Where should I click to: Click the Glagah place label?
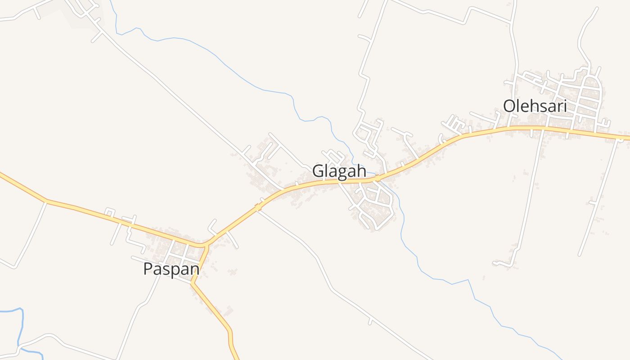(339, 171)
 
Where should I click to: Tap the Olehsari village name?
(535, 107)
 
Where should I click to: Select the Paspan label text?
(171, 269)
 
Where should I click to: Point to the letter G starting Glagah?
(317, 171)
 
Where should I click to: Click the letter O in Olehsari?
(509, 107)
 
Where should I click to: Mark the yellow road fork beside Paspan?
(205, 246)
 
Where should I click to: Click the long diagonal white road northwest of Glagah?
(180, 99)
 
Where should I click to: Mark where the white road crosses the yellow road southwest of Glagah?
(259, 207)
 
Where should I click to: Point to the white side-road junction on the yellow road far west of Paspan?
(46, 201)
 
